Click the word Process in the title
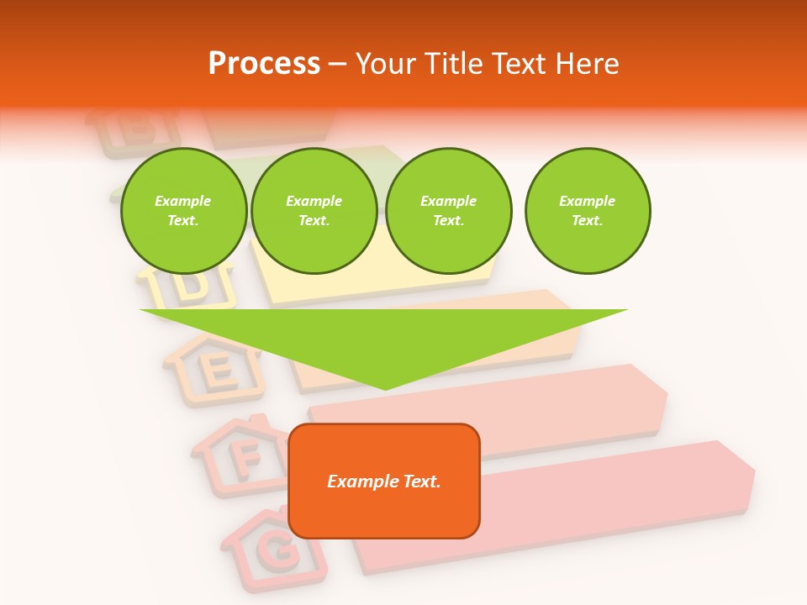[x=264, y=64]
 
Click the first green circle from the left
[x=183, y=211]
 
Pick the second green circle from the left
[x=314, y=211]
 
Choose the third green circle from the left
[x=448, y=211]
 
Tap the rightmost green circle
[x=587, y=211]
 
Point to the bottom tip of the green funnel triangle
[x=386, y=388]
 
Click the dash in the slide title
[x=338, y=64]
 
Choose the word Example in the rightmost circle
[x=587, y=201]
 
